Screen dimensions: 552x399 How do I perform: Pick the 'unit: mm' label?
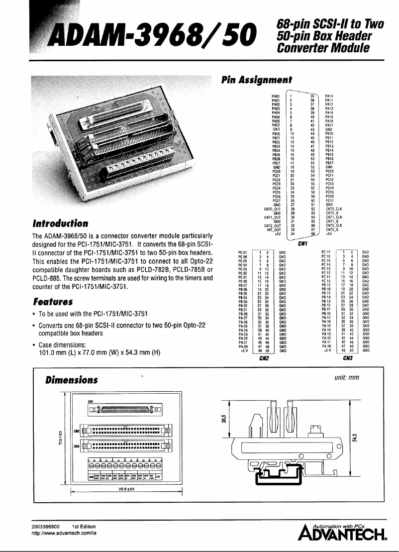pyautogui.click(x=347, y=378)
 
